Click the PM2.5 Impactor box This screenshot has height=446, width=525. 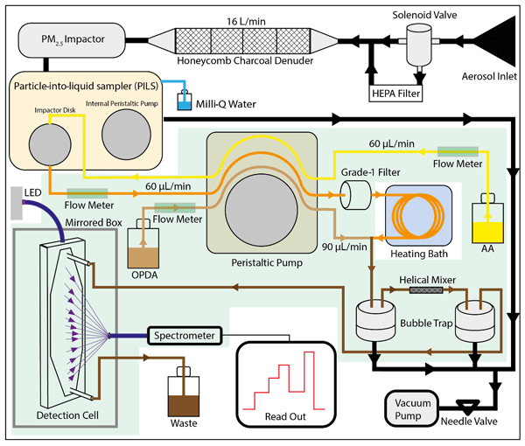pos(67,38)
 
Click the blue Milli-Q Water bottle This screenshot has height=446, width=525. pos(183,101)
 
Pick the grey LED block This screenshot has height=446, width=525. pos(18,203)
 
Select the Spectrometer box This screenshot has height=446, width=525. pos(184,335)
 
